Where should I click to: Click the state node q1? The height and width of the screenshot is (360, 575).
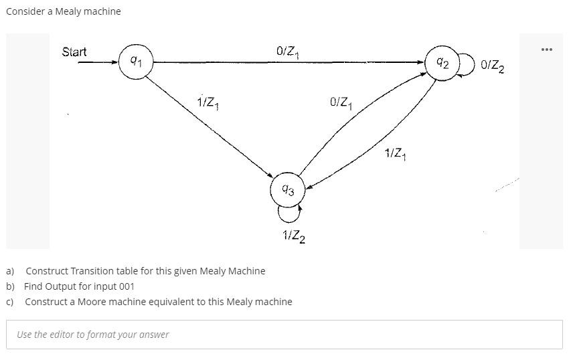[x=136, y=62]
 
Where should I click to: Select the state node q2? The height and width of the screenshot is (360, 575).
[x=442, y=63]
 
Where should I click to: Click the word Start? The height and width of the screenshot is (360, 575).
[x=74, y=52]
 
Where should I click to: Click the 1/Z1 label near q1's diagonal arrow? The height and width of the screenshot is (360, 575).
[x=208, y=103]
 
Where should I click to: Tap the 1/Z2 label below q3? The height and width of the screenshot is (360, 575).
[x=294, y=236]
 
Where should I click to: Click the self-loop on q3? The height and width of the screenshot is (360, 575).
[x=289, y=213]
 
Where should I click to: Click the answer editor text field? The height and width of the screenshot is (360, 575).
[x=284, y=334]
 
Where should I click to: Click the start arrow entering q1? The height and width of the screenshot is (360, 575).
[x=97, y=63]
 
